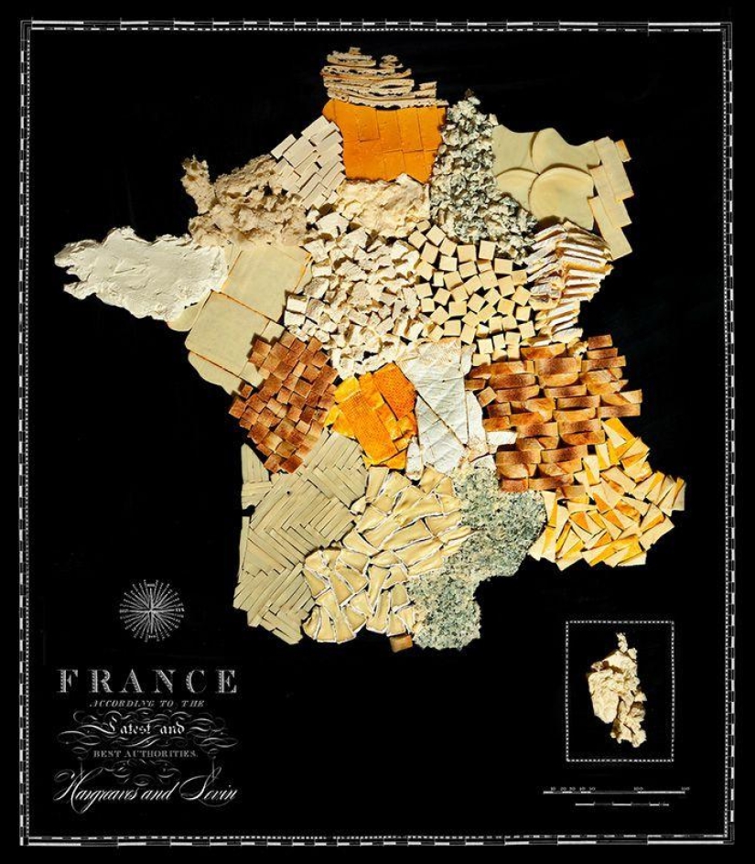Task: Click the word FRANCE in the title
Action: point(148,681)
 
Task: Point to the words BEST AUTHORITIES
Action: point(147,752)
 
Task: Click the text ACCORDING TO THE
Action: point(146,704)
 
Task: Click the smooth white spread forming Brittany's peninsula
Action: point(142,270)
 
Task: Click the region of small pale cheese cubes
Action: point(467,284)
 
